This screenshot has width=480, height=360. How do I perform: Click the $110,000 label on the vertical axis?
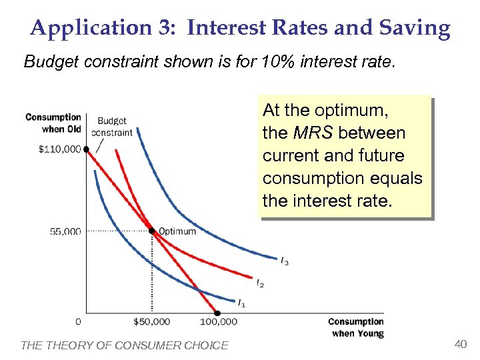point(59,149)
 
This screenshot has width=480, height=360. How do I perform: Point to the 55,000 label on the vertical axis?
point(65,231)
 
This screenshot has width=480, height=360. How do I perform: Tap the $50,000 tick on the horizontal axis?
point(151,322)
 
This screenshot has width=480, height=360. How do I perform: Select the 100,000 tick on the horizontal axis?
point(218,322)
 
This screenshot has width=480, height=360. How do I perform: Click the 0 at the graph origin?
point(79,322)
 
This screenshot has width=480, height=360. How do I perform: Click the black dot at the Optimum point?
point(152,231)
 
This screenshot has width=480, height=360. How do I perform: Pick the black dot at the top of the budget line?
point(87,149)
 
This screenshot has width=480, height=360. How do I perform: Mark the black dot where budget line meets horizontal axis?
point(217,313)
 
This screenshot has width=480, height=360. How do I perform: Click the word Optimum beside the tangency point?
point(177,231)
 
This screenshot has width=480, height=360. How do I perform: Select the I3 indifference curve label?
point(285,261)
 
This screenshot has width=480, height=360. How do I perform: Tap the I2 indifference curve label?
point(260,285)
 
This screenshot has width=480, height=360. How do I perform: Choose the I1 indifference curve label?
point(241,303)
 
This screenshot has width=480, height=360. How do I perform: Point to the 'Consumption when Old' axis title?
point(53,123)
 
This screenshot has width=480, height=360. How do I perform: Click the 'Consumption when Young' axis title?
point(355,327)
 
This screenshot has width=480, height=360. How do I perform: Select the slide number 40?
point(459,344)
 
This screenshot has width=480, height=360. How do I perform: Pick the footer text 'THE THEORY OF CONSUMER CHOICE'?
point(125,345)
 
